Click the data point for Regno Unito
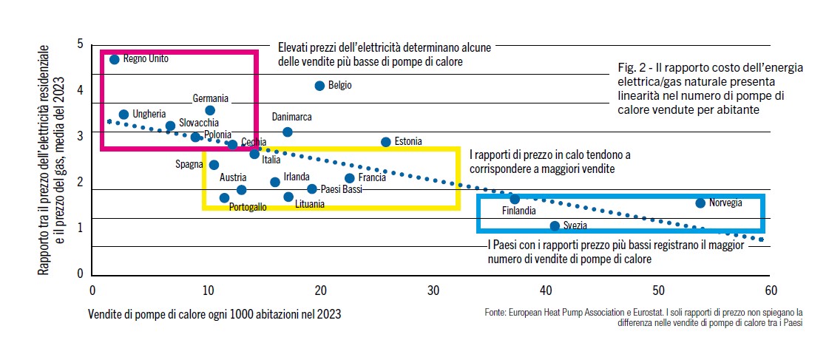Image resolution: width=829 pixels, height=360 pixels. click(x=114, y=59)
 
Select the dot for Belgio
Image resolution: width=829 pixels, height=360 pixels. click(x=319, y=86)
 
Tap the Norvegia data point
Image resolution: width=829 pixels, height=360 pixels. click(x=700, y=203)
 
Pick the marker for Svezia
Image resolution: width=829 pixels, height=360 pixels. click(x=555, y=225)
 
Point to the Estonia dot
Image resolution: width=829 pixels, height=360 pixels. click(x=385, y=142)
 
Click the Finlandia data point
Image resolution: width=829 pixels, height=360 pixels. click(x=515, y=199)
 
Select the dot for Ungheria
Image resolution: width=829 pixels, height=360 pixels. click(x=123, y=115)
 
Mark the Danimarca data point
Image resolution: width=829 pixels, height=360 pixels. click(x=288, y=132)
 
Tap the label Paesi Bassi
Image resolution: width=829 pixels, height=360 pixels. click(x=342, y=189)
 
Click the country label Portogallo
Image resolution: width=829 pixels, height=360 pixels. click(x=248, y=208)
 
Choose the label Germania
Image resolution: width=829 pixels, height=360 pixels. click(x=211, y=98)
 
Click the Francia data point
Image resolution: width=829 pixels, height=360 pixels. click(x=350, y=178)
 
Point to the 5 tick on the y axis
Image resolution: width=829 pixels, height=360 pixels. click(x=80, y=45)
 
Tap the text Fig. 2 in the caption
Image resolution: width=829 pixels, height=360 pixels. click(x=630, y=68)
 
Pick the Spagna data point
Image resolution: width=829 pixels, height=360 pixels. click(x=214, y=165)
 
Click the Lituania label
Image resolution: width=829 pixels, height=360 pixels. click(x=309, y=204)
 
